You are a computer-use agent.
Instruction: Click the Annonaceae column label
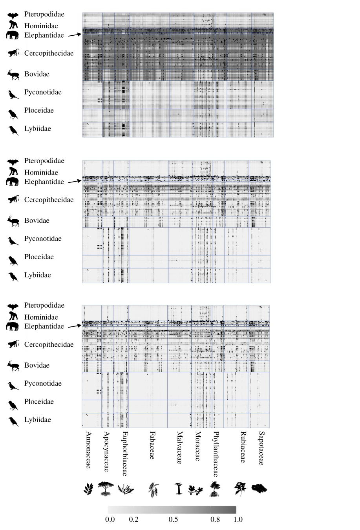[x=88, y=450]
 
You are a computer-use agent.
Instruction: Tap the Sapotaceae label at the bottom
[x=261, y=448]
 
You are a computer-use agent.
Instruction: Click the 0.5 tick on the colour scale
[x=173, y=519]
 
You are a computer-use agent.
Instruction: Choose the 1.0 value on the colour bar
[x=238, y=519]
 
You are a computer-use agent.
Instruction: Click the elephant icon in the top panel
[x=13, y=35]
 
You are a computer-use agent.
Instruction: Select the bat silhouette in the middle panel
[x=13, y=162]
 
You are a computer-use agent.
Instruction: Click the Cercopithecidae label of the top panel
[x=49, y=53]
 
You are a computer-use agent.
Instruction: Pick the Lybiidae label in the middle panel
[x=38, y=275]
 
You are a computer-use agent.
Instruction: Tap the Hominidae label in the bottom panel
[x=41, y=317]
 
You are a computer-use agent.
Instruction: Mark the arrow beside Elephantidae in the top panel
[x=74, y=35]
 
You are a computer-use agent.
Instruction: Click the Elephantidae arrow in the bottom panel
[x=74, y=326]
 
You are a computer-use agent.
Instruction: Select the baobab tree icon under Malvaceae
[x=179, y=489]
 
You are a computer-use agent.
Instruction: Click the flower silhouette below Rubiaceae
[x=240, y=488]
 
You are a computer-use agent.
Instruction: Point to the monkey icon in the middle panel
[x=14, y=199]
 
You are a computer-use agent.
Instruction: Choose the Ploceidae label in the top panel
[x=39, y=110]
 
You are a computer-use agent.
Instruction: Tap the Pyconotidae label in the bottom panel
[x=43, y=383]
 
